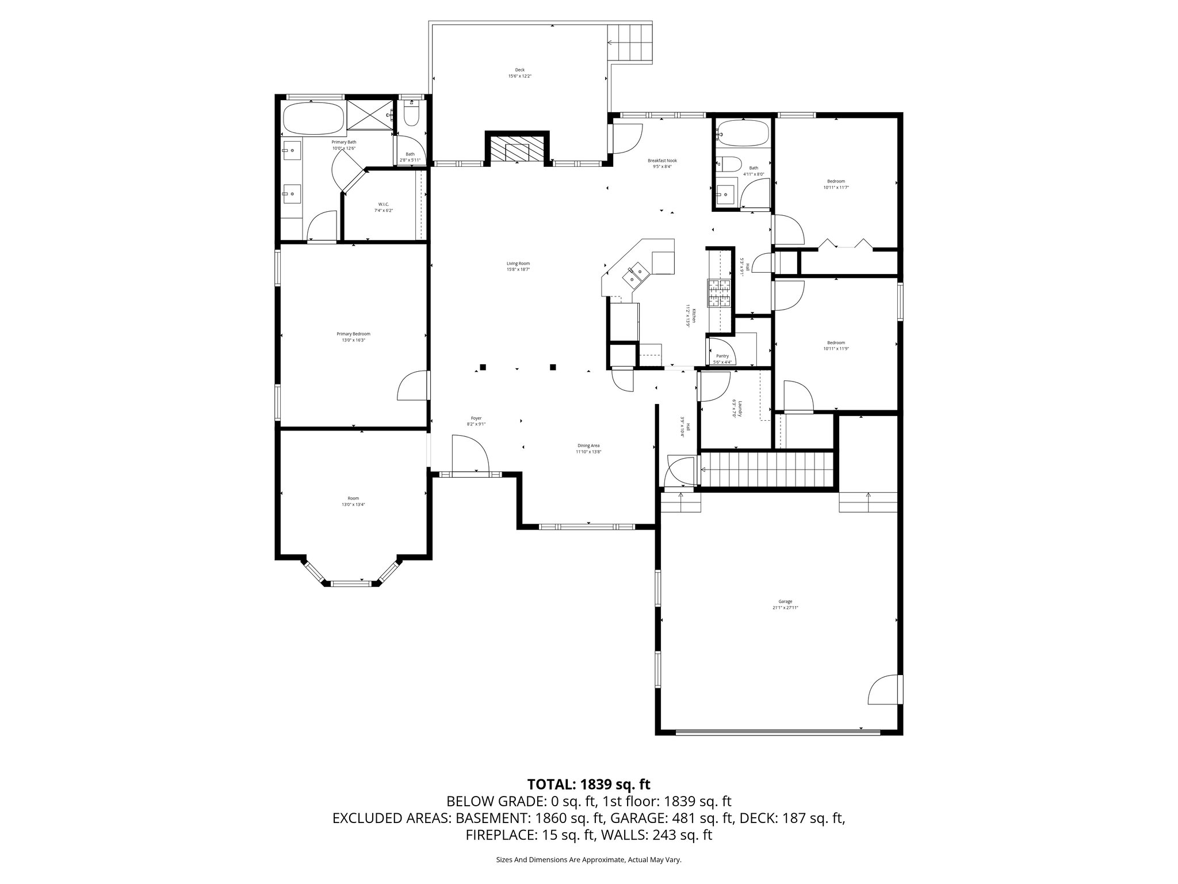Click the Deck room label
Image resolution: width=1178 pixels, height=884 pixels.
point(519,70)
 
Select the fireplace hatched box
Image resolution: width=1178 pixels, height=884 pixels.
point(517,149)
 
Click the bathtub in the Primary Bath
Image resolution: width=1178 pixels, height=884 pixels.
point(312,119)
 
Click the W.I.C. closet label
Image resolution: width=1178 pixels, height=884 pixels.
point(384,204)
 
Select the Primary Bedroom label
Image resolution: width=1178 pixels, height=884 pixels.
point(353,334)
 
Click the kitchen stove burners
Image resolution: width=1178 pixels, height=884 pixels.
point(718,294)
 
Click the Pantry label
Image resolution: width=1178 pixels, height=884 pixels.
point(722,356)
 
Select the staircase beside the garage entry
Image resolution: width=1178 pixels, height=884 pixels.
point(768,469)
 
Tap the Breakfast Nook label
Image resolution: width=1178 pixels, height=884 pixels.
point(662,161)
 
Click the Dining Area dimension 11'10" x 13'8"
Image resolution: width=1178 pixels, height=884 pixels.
point(588,452)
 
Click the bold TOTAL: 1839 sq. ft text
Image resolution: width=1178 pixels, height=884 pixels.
point(588,784)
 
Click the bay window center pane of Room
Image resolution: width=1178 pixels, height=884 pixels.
point(353,584)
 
